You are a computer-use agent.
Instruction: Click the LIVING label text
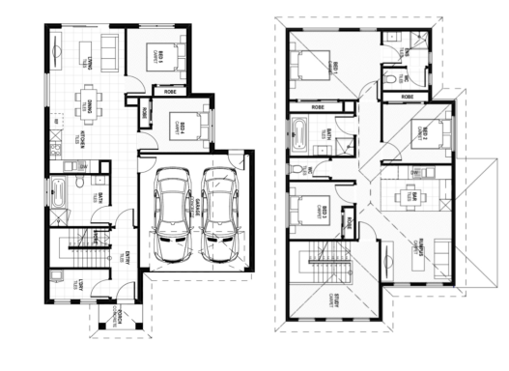coord(87,60)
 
